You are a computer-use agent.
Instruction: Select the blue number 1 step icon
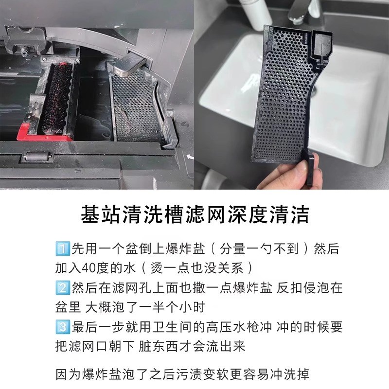[63, 249]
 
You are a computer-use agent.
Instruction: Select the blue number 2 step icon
[63, 287]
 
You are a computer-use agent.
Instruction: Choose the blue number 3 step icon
[63, 326]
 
